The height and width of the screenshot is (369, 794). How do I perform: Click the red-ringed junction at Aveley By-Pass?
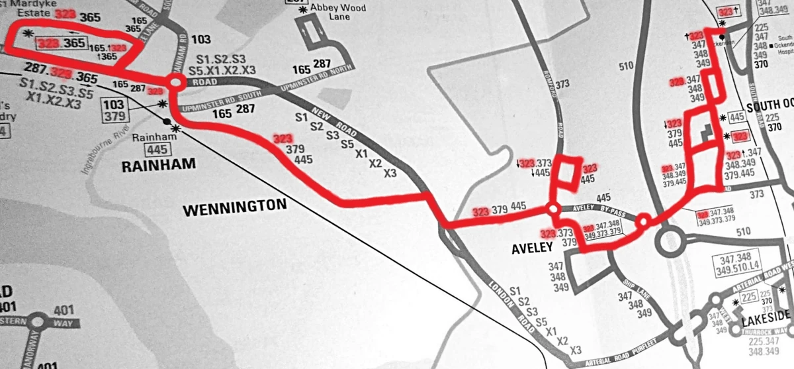[x=552, y=209]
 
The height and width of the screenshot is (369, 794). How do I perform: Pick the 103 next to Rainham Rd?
[x=200, y=40]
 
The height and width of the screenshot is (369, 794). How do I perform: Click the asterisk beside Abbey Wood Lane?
[x=304, y=9]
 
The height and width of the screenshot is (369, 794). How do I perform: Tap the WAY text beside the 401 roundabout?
[x=63, y=323]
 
